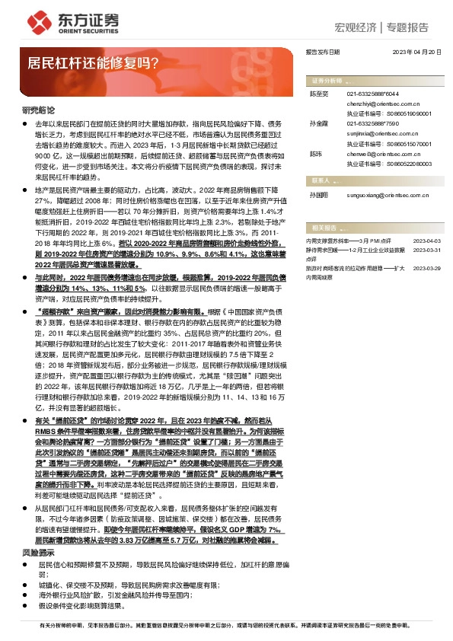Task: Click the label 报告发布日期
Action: click(x=322, y=53)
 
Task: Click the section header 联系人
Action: click(x=321, y=181)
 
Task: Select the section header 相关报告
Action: click(x=323, y=227)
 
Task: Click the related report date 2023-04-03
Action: click(x=427, y=239)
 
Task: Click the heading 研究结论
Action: click(x=39, y=110)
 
